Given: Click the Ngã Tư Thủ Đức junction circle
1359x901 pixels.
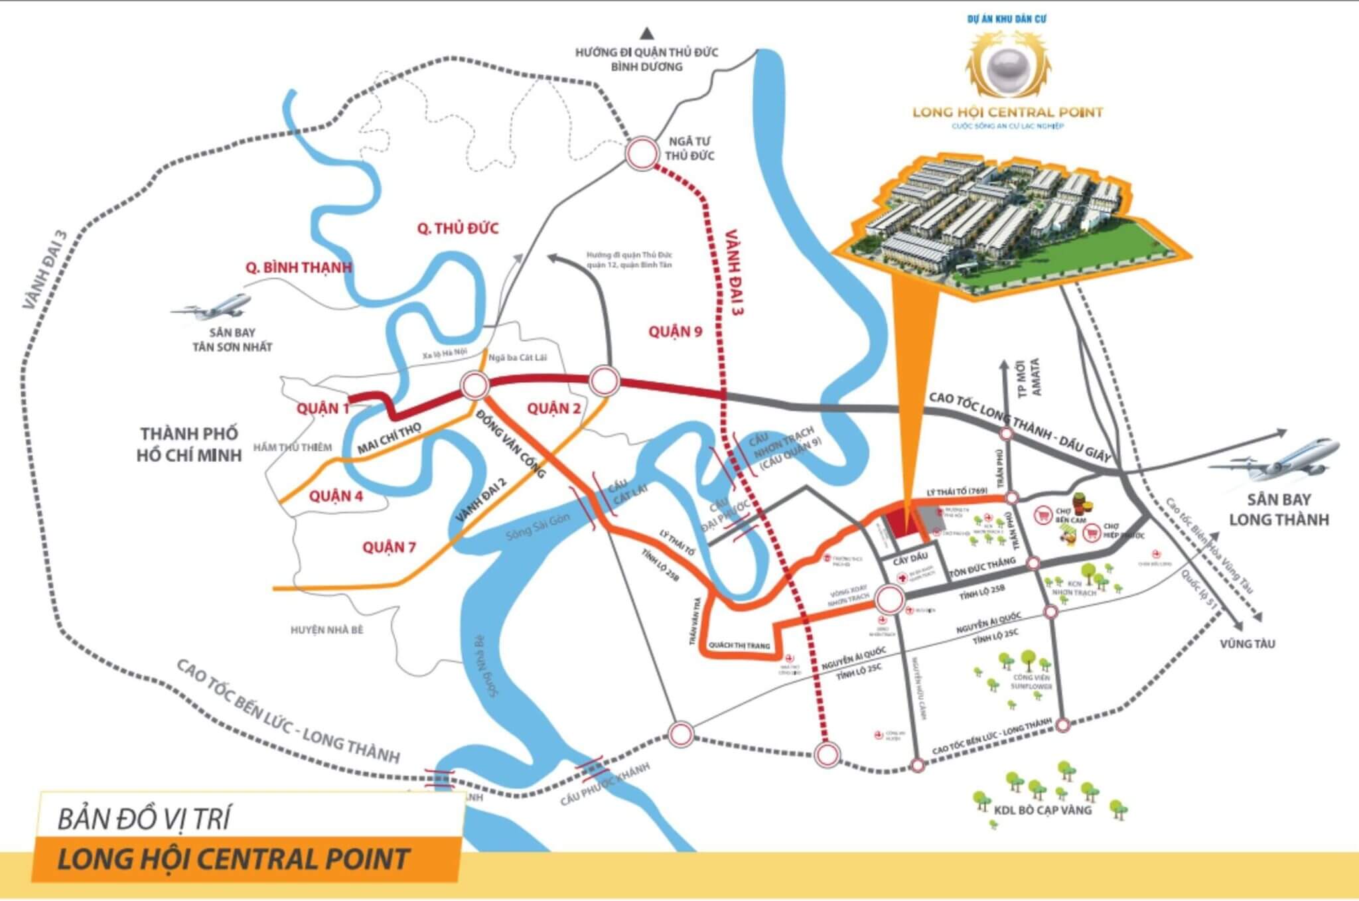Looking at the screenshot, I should (x=642, y=154).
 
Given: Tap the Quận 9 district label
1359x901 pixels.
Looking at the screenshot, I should (x=675, y=331).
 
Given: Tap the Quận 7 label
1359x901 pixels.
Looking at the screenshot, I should (x=389, y=547).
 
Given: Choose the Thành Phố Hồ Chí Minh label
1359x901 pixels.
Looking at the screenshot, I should (x=189, y=445).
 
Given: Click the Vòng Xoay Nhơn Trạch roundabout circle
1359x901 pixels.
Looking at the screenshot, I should (x=889, y=600).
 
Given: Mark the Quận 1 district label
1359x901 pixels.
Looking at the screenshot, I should (x=322, y=408).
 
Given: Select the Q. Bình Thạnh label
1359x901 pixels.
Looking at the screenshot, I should (x=299, y=267).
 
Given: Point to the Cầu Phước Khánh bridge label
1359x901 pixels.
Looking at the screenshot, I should (x=605, y=784).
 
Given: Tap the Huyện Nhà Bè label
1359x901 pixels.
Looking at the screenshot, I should (x=327, y=630).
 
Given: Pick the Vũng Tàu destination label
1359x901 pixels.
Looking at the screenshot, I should (x=1247, y=644).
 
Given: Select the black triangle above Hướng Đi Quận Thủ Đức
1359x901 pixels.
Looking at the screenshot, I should (x=647, y=33).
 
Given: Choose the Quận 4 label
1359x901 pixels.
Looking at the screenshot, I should (x=336, y=496).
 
